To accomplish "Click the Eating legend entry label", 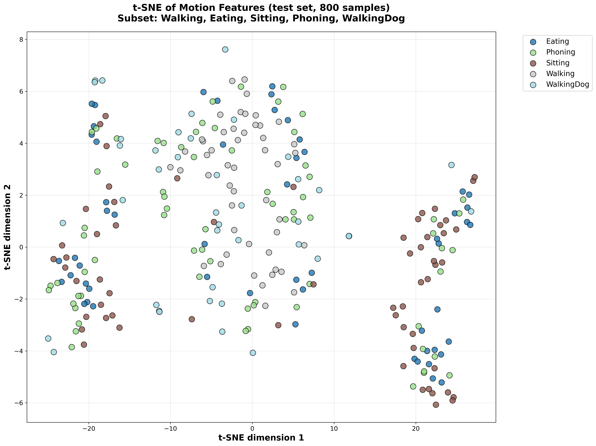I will point(557,41).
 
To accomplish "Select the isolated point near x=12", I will point(349,236).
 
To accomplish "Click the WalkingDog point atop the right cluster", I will point(451,165).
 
